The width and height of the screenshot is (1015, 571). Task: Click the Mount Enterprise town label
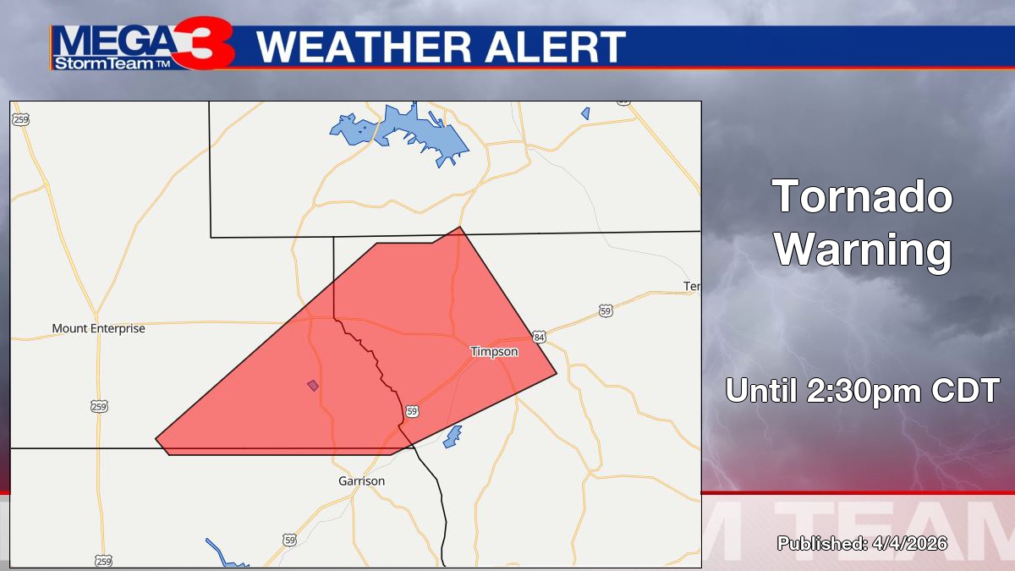click(x=98, y=328)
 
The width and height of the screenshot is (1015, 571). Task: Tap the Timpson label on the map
click(x=494, y=351)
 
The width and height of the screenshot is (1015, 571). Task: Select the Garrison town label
click(x=361, y=480)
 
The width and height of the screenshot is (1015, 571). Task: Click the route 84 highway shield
click(x=540, y=337)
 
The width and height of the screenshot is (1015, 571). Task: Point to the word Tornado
click(x=863, y=198)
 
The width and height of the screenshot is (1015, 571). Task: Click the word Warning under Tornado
click(x=863, y=250)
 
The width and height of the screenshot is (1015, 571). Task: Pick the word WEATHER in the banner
click(x=365, y=47)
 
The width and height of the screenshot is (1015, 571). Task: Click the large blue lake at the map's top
click(x=406, y=131)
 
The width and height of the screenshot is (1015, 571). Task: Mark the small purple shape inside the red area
click(x=313, y=386)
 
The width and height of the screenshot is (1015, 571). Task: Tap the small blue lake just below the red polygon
click(x=453, y=436)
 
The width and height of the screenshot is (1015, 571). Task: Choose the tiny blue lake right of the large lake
click(x=585, y=113)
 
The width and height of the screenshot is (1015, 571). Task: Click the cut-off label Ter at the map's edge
click(x=692, y=287)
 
